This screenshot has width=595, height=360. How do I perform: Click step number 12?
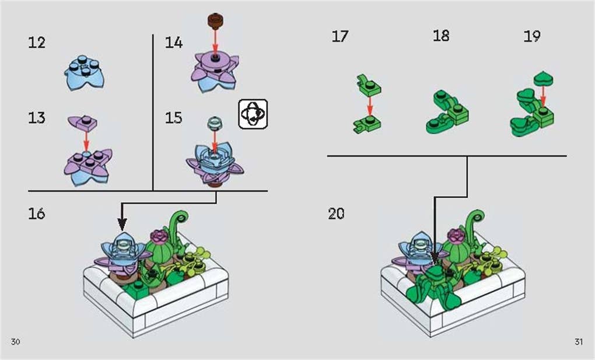[37, 43]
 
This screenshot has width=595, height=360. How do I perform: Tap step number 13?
[37, 118]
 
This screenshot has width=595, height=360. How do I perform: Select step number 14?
[174, 43]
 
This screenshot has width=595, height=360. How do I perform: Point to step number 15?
[174, 118]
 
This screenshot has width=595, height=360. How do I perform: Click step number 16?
[37, 214]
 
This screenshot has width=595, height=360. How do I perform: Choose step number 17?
[340, 36]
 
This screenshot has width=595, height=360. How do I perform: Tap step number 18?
[441, 36]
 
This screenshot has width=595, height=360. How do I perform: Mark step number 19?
[532, 36]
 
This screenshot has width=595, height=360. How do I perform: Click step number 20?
[336, 214]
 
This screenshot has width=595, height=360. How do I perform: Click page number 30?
[16, 341]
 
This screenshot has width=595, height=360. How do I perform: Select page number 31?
[578, 341]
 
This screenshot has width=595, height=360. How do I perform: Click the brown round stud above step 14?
[215, 22]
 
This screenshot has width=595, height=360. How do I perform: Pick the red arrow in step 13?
[86, 140]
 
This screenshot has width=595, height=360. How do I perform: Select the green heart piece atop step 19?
[543, 78]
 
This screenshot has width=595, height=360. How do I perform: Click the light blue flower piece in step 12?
[85, 73]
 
